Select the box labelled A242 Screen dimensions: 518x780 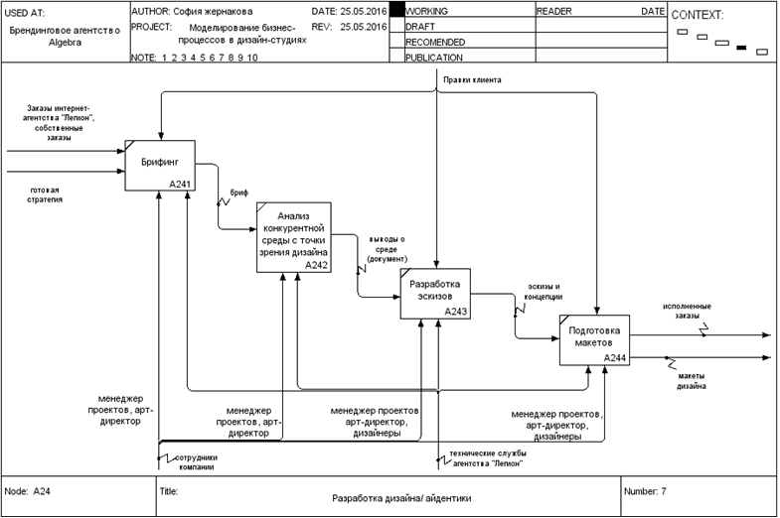(293, 236)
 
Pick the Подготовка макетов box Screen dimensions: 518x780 (594, 339)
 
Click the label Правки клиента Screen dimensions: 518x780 (472, 79)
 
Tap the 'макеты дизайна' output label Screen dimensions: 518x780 (692, 380)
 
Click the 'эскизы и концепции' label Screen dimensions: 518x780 (544, 291)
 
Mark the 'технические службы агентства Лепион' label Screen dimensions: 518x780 (486, 459)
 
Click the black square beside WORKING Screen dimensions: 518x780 (396, 10)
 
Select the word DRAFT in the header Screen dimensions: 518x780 (421, 27)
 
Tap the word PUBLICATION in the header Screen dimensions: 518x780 (434, 58)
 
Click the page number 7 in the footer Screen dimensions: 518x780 (663, 491)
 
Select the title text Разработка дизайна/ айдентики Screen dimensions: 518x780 (400, 499)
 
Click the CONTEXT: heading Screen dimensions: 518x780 (698, 16)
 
